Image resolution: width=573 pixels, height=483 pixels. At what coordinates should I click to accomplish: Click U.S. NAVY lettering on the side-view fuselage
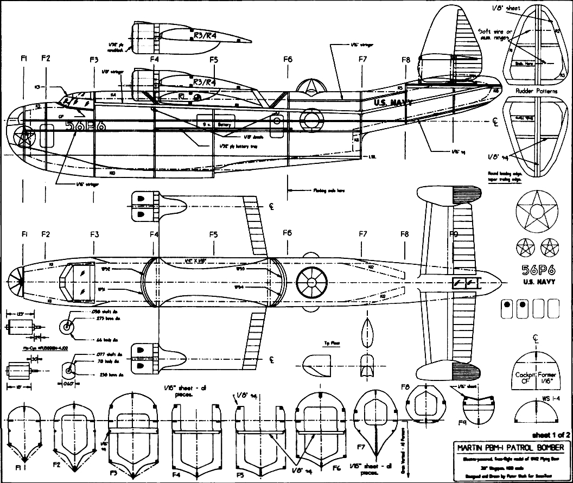click(x=393, y=101)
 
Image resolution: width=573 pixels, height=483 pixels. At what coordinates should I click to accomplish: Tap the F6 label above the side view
click(x=288, y=59)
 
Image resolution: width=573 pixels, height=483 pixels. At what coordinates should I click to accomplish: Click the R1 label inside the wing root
click(x=183, y=96)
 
